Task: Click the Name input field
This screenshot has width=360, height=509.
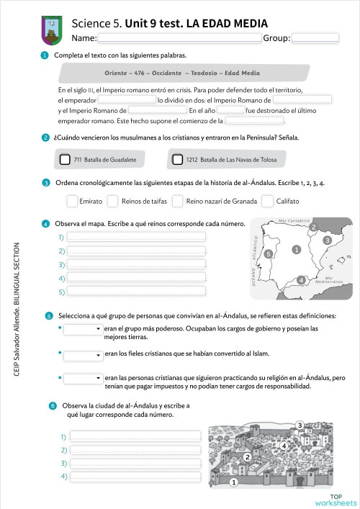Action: (179, 38)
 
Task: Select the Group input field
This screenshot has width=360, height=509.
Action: (315, 38)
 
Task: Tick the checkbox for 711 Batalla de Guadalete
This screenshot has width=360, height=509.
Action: (66, 159)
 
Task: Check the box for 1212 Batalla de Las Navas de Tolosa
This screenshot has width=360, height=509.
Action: (178, 159)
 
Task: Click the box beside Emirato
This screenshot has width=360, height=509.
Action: (72, 201)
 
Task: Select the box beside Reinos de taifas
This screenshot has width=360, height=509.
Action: (112, 201)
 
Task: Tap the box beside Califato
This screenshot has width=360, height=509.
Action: (267, 201)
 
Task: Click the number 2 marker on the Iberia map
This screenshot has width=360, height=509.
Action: (313, 228)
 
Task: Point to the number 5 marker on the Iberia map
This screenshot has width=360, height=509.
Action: (269, 254)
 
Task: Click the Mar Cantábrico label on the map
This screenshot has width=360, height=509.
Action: (294, 220)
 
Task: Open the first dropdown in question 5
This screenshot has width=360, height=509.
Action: (83, 329)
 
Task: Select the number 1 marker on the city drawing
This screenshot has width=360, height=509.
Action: (233, 483)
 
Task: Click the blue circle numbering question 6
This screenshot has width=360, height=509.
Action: (53, 406)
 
